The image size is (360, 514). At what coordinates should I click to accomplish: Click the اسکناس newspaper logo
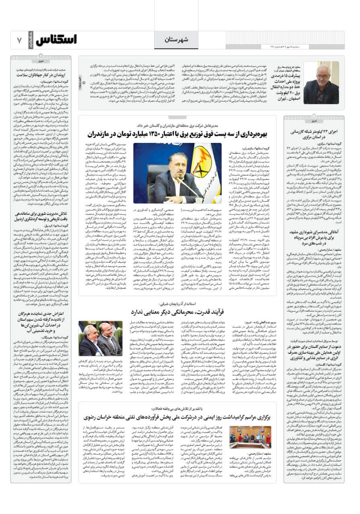(x=56, y=40)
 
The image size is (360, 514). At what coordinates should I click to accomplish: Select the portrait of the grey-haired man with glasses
(x=321, y=84)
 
